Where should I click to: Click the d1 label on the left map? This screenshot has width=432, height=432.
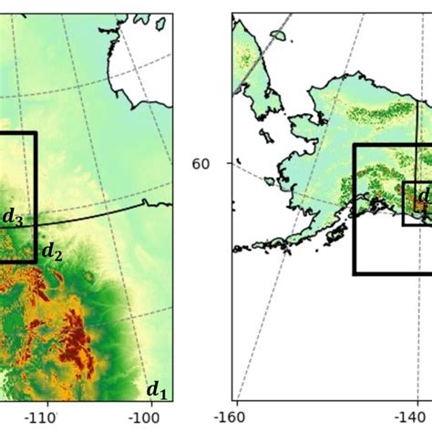[x=157, y=391]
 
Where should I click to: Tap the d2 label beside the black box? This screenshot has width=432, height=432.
[x=51, y=252]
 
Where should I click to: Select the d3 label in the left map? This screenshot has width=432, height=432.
[x=13, y=217]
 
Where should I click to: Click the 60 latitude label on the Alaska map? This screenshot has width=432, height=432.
[x=201, y=164]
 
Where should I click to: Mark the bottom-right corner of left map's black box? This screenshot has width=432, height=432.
[x=36, y=262]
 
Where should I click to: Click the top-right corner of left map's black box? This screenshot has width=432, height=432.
[x=36, y=133]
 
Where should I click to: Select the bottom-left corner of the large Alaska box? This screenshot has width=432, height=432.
[x=354, y=273]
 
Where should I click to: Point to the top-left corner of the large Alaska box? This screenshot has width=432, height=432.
[x=354, y=145]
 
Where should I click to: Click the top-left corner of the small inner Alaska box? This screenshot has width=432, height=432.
[x=404, y=182]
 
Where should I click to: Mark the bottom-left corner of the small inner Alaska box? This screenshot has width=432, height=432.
[x=404, y=224]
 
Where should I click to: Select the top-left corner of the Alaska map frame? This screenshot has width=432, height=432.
[x=232, y=13]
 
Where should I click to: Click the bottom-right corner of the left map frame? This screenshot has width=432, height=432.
[x=172, y=401]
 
